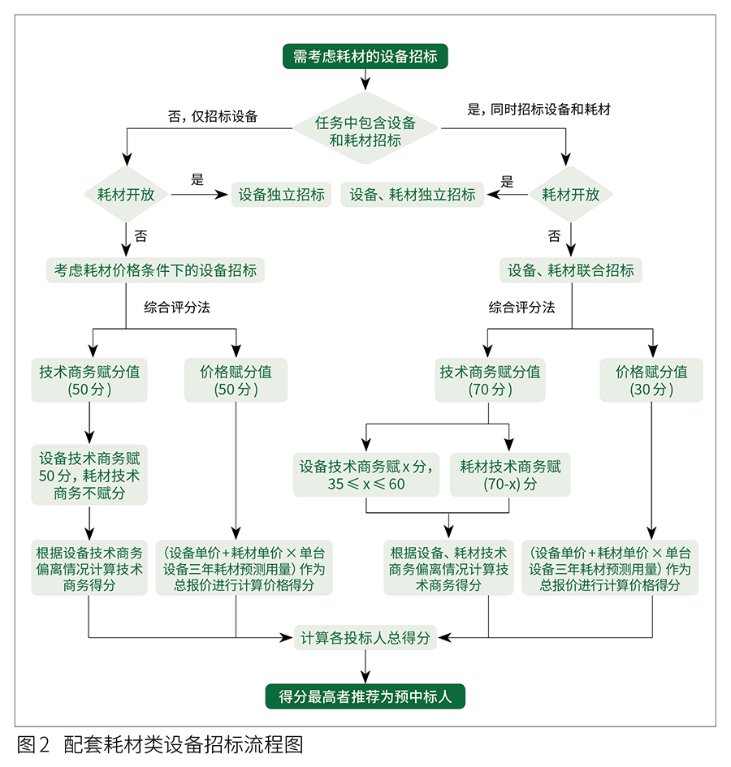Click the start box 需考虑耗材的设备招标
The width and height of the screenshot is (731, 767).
pyautogui.click(x=365, y=56)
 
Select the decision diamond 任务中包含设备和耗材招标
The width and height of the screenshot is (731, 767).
pyautogui.click(x=365, y=131)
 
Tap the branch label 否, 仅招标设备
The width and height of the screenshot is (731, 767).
pyautogui.click(x=213, y=115)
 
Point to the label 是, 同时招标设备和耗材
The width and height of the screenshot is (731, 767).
pyautogui.click(x=539, y=110)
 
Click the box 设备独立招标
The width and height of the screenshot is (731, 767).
pyautogui.click(x=281, y=195)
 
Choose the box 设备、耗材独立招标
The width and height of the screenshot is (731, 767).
pyautogui.click(x=413, y=195)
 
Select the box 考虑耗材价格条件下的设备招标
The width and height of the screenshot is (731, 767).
pyautogui.click(x=156, y=270)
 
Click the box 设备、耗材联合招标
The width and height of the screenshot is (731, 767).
pyautogui.click(x=571, y=270)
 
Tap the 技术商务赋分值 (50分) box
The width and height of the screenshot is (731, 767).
pyautogui.click(x=89, y=380)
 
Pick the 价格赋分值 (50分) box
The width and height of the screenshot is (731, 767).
pyautogui.click(x=236, y=380)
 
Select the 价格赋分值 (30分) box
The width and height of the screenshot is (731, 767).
pyautogui.click(x=651, y=380)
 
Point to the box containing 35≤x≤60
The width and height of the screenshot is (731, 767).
pyautogui.click(x=365, y=475)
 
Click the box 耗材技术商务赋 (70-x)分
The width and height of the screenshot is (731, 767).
pyautogui.click(x=510, y=475)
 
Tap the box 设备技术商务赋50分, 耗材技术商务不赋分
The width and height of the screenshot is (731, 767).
pyautogui.click(x=89, y=474)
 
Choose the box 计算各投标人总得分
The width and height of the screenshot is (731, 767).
pyautogui.click(x=365, y=637)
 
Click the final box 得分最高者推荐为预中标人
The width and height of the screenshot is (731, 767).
pyautogui.click(x=365, y=696)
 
